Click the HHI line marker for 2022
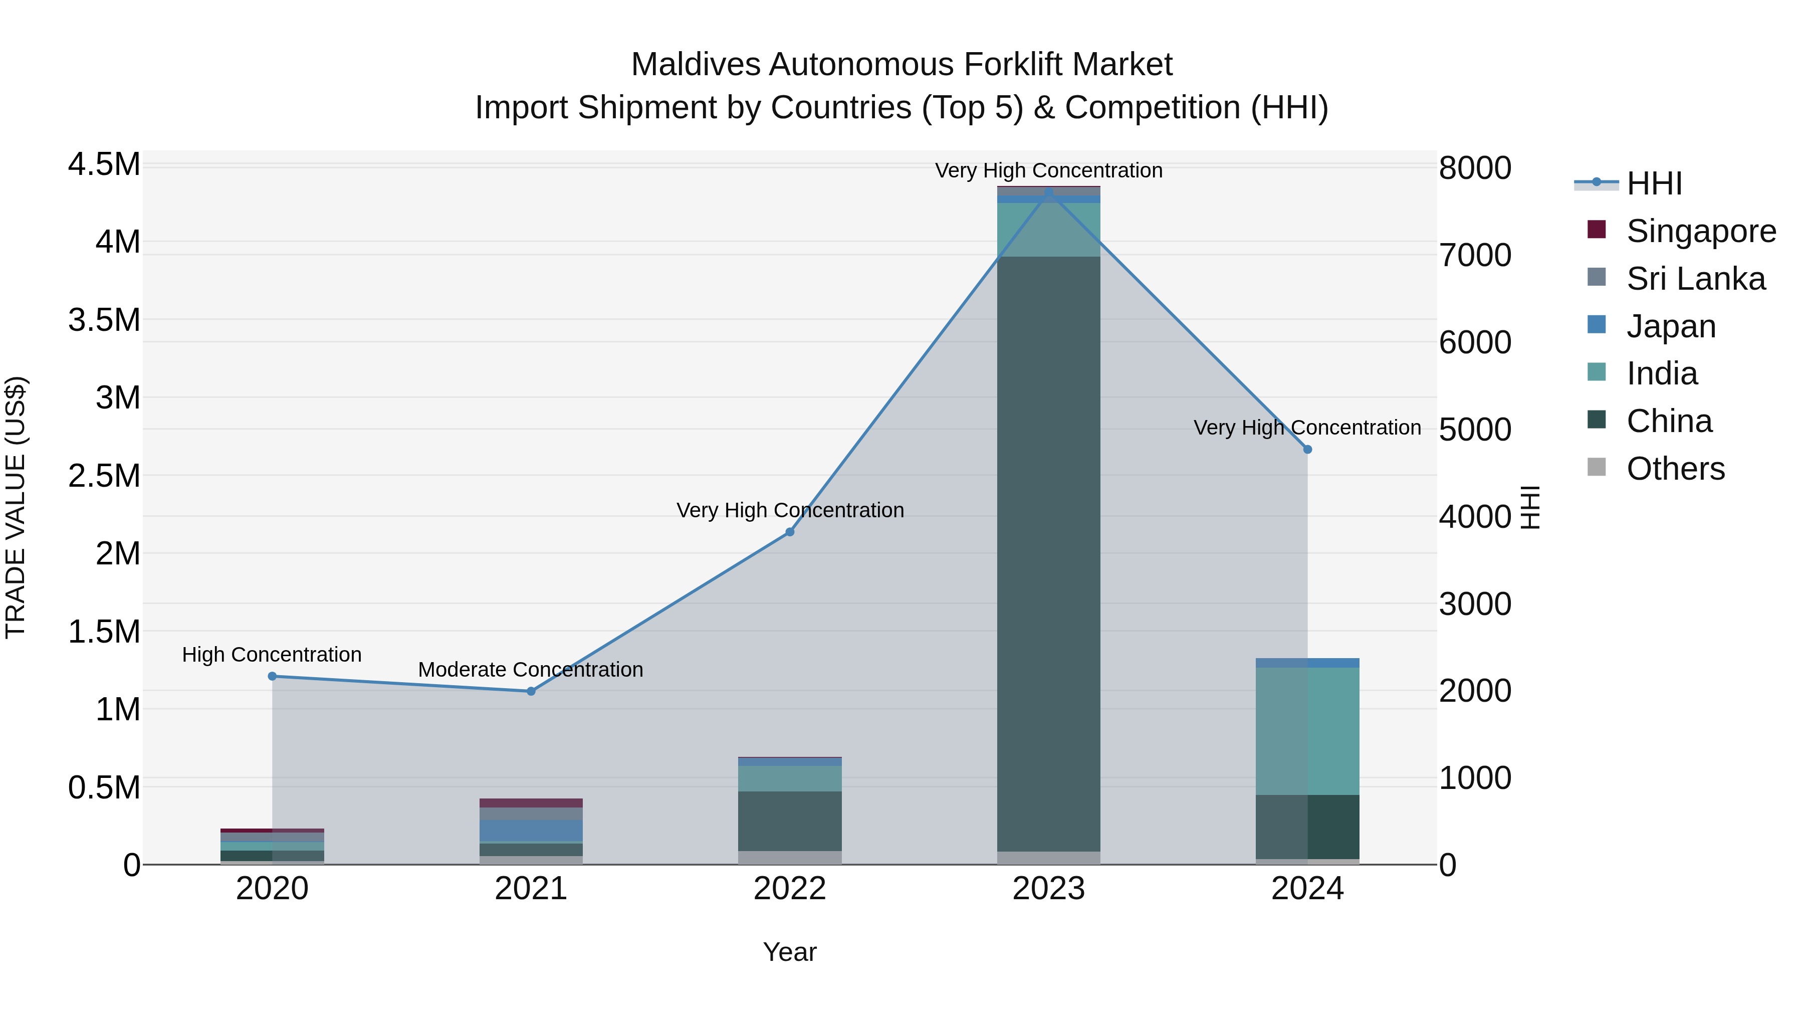[789, 532]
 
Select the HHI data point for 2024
[1307, 450]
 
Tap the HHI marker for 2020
[273, 677]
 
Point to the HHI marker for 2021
[531, 691]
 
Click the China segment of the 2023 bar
[1048, 553]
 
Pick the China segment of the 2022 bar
[789, 821]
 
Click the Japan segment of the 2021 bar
[531, 831]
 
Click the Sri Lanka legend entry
[1695, 279]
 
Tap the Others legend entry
[1675, 469]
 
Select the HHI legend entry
[1654, 183]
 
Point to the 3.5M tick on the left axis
[104, 320]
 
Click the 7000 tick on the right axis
[1475, 255]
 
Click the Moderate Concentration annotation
[530, 670]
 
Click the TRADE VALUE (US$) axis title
[16, 507]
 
